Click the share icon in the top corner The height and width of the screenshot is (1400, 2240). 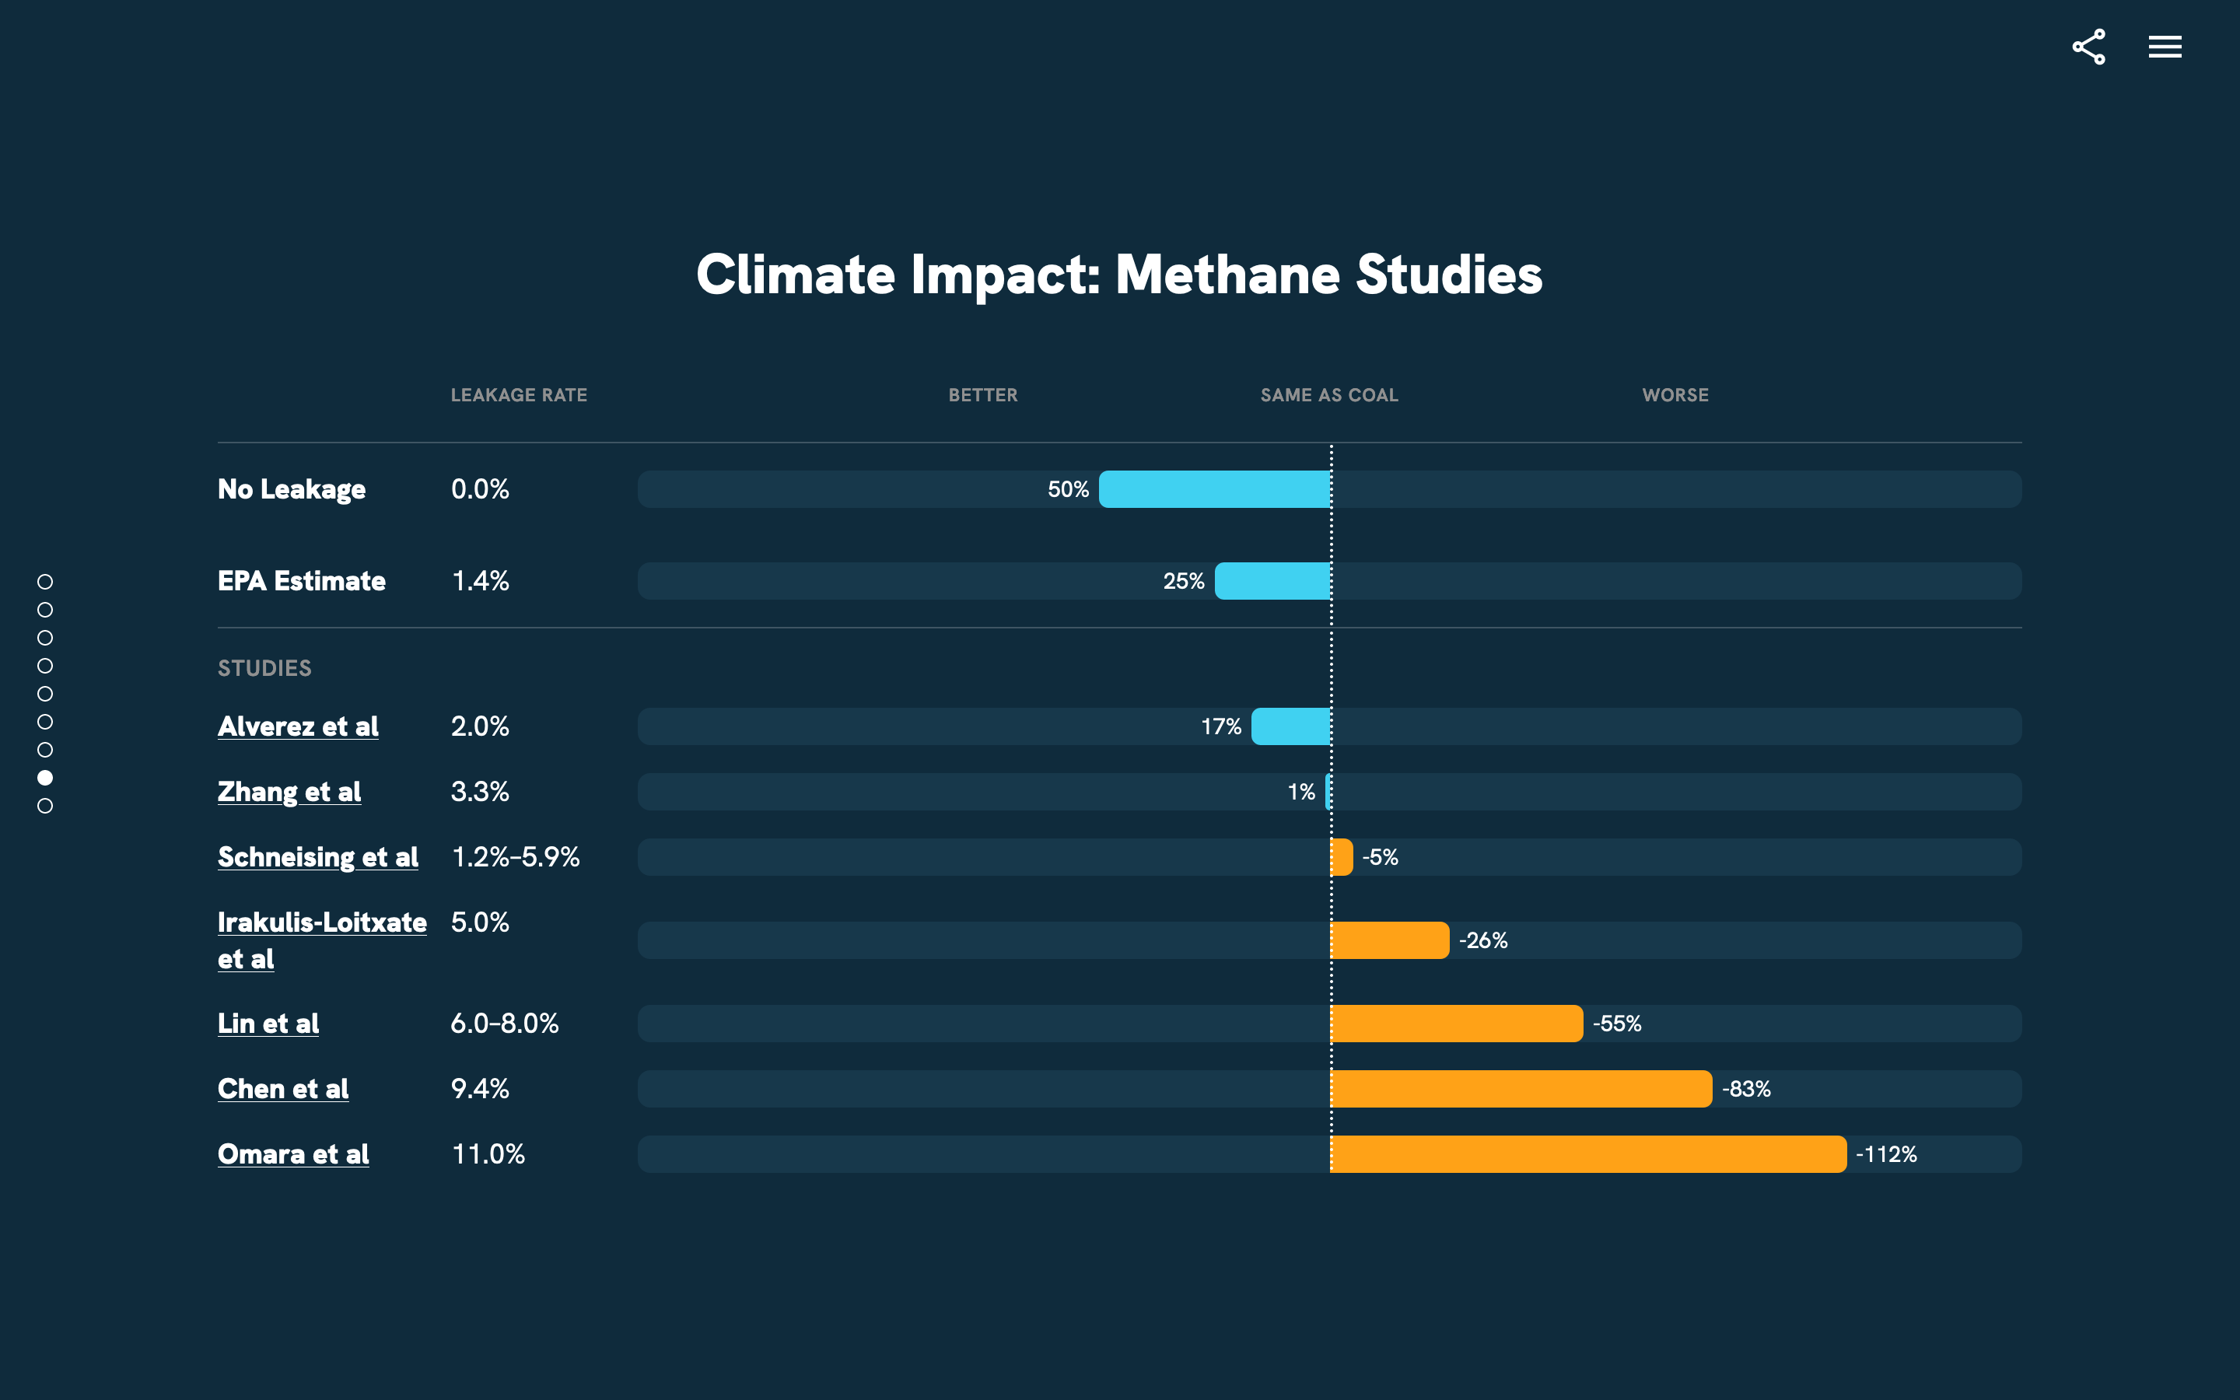click(x=2088, y=47)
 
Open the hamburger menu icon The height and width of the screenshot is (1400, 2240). click(x=2164, y=47)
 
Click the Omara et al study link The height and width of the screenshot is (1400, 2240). click(x=292, y=1153)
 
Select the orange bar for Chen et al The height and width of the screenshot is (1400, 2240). click(x=1520, y=1089)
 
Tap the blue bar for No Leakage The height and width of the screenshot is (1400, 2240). click(x=1213, y=489)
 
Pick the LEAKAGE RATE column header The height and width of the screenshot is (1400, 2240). click(x=518, y=395)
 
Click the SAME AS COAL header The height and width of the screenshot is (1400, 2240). click(x=1328, y=395)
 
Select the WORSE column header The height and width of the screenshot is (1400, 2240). click(x=1675, y=395)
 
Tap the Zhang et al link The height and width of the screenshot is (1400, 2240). click(x=289, y=792)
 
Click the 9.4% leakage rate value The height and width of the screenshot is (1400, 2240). click(x=479, y=1089)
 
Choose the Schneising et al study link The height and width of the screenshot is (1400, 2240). click(x=317, y=857)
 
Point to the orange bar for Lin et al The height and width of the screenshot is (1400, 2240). click(x=1456, y=1023)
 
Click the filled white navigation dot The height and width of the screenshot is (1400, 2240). click(x=44, y=778)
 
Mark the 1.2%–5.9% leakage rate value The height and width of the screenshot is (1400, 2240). click(x=515, y=857)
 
